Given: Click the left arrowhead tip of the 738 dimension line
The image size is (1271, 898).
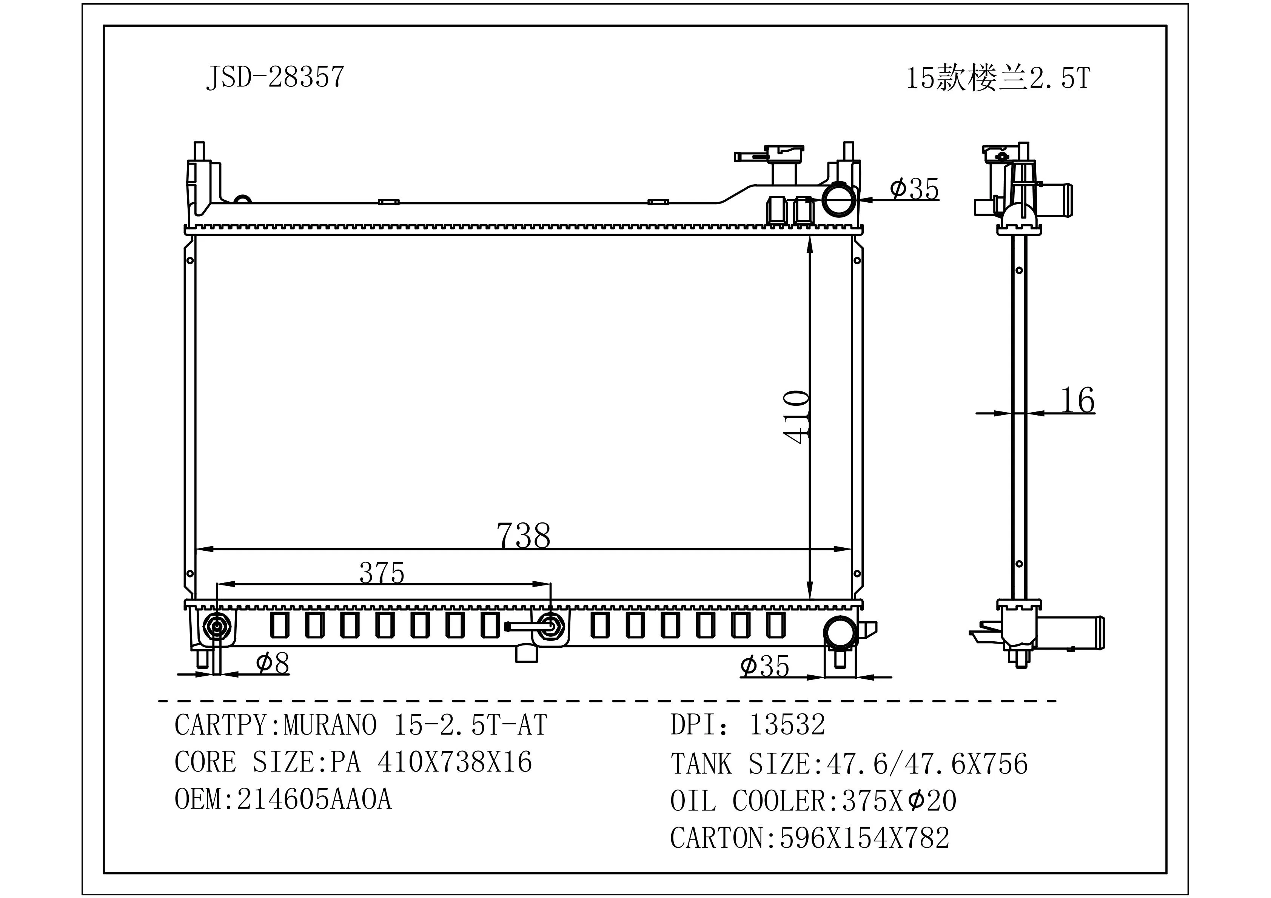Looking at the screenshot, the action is point(197,550).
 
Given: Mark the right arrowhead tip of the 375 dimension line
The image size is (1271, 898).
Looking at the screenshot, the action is point(551,584).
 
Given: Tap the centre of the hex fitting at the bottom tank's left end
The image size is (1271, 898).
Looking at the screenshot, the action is point(216,627).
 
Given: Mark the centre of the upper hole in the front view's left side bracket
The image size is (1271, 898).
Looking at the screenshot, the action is point(190,260).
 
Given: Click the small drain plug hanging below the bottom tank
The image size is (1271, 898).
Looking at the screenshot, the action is point(527,653).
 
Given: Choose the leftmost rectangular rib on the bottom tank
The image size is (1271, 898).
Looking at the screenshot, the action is point(279,625).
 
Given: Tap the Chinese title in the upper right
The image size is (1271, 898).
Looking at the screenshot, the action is point(998,78).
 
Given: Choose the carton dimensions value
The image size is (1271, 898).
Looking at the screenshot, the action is point(864,838).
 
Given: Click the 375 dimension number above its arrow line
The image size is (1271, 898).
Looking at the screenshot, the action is point(382,573).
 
